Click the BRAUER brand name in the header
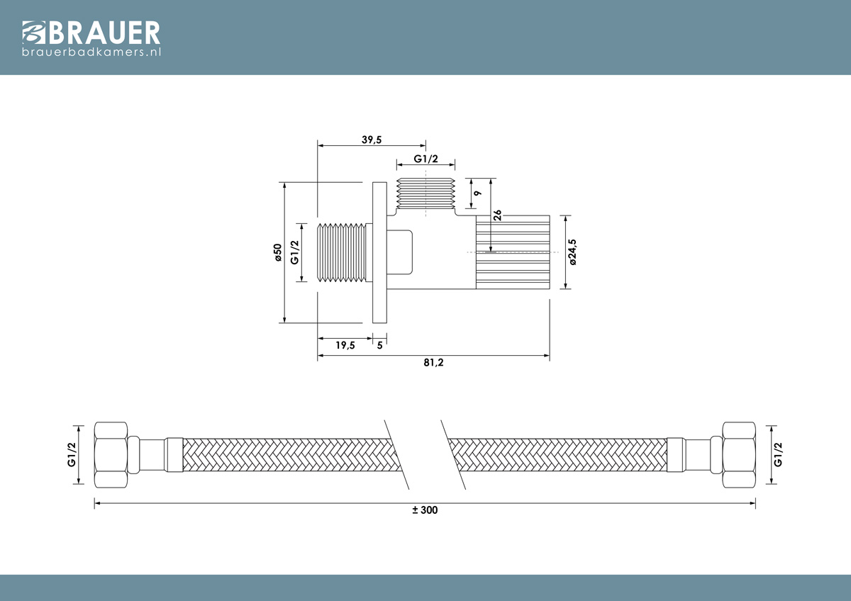coord(104,33)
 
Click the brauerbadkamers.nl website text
coord(91,52)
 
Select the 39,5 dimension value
coord(371,140)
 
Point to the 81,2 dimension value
coord(433,363)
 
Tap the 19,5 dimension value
coord(345,345)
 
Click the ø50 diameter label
coord(278,252)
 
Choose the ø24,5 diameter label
coord(572,252)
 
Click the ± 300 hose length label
coord(425,510)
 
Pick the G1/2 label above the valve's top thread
coord(425,159)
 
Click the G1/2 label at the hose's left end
coord(72,454)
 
